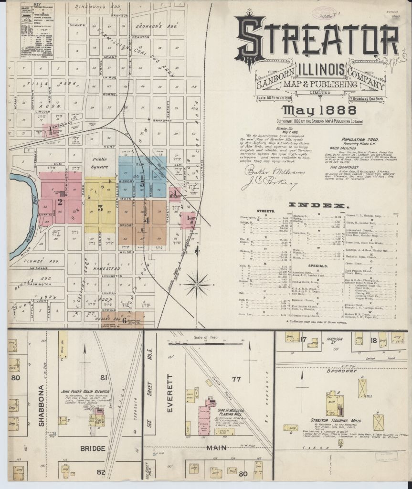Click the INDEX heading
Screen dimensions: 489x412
[x=317, y=205]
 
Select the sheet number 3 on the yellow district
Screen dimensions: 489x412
[x=100, y=208]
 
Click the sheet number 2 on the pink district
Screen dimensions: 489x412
[x=60, y=202]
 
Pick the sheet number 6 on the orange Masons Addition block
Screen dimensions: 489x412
[x=125, y=320]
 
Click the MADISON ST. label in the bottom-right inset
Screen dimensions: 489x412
[x=336, y=340]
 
